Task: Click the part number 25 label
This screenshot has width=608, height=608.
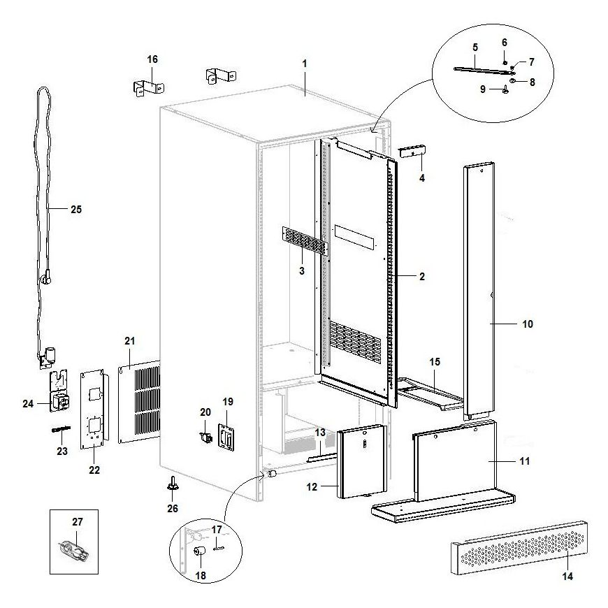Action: point(76,209)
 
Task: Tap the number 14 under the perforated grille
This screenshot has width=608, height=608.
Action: point(567,577)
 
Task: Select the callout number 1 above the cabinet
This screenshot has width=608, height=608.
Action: point(305,64)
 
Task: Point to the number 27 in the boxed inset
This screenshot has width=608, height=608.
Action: point(78,521)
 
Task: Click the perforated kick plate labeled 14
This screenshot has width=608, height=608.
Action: point(521,549)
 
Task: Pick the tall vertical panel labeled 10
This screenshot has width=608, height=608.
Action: point(480,287)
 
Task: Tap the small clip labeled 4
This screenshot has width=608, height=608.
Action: point(412,152)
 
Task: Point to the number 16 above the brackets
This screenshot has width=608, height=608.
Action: point(152,59)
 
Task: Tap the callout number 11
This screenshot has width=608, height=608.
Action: point(524,461)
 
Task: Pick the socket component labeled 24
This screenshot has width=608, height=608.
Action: point(58,400)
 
